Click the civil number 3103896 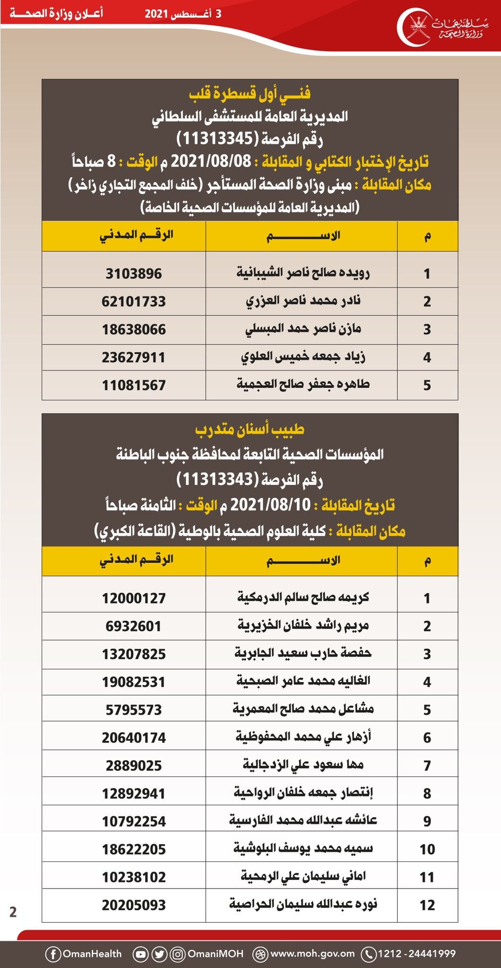(x=134, y=274)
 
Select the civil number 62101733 (x=134, y=302)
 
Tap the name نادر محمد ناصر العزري (x=303, y=301)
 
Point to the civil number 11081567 (x=134, y=385)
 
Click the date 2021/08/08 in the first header (x=211, y=162)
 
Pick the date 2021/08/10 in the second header (x=271, y=505)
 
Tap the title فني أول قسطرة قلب (x=250, y=93)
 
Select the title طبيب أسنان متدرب (x=250, y=429)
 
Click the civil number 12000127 (x=134, y=598)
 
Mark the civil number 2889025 (x=134, y=766)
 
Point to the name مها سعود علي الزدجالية (x=303, y=765)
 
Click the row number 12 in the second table (x=427, y=905)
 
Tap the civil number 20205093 (x=134, y=905)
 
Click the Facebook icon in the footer (x=53, y=954)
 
